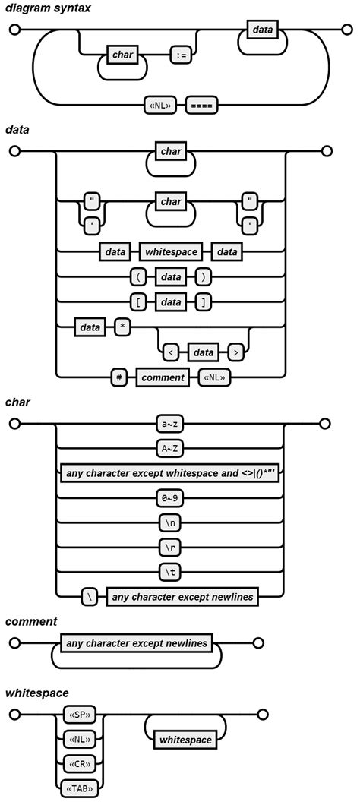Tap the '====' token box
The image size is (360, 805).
[x=201, y=105]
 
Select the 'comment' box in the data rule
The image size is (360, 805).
[x=162, y=377]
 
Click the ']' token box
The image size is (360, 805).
[x=202, y=302]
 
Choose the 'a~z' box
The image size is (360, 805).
[x=169, y=424]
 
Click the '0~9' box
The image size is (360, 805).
[x=169, y=498]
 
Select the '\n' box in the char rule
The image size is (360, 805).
[x=169, y=522]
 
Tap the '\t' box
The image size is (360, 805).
[x=169, y=572]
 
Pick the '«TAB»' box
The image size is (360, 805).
[x=79, y=788]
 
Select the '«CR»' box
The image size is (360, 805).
[x=79, y=763]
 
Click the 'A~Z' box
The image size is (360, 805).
[x=169, y=448]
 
